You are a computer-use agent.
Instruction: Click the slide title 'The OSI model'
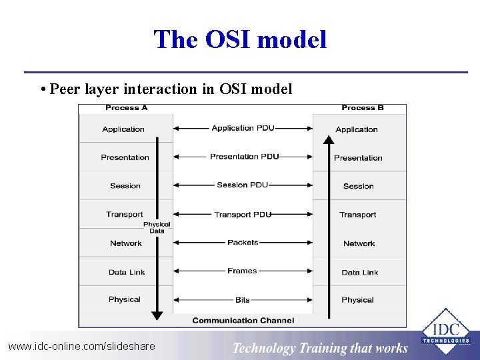240,39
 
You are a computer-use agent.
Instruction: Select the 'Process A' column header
126,107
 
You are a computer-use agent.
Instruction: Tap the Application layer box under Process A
123,129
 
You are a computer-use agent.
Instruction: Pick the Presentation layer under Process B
358,158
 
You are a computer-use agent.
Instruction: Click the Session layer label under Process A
125,186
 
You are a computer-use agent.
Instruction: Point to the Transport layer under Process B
358,215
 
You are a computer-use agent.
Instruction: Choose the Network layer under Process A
125,243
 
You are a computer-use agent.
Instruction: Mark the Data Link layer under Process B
359,272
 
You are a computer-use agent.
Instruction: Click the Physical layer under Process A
125,299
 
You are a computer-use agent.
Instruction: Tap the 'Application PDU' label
243,128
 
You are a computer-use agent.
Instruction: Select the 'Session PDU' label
243,185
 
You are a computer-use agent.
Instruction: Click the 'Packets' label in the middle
243,243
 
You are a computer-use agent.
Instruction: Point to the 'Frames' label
242,271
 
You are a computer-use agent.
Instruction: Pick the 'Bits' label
243,300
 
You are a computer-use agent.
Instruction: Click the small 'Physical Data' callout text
157,227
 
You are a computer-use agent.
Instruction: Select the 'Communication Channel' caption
243,320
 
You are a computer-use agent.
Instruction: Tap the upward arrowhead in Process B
328,140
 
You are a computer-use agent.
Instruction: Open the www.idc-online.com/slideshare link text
81,346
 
